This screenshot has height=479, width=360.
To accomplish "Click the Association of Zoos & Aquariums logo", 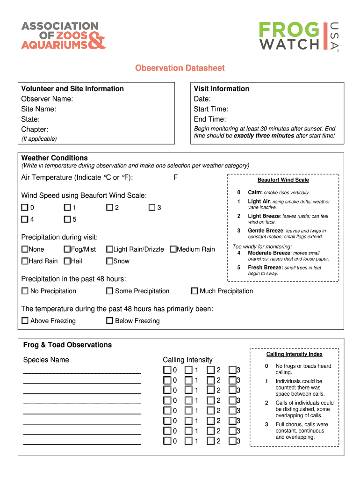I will tap(63, 35).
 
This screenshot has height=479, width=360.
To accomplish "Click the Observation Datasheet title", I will tap(180, 68).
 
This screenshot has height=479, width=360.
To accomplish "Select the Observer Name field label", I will tap(47, 99).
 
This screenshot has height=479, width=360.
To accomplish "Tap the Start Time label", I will tap(211, 109).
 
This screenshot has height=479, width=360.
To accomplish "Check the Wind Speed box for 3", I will tap(152, 207).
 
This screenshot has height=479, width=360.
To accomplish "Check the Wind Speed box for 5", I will tap(67, 219).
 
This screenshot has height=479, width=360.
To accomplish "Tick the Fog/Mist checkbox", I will tap(67, 249).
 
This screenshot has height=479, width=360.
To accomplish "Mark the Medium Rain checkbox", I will tap(173, 249).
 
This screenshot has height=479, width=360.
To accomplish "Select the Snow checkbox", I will tap(109, 261).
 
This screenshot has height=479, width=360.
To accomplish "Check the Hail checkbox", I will tap(67, 261).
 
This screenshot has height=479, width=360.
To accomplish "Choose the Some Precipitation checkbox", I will tap(109, 291).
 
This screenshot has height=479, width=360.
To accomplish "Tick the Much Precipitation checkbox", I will tap(194, 291).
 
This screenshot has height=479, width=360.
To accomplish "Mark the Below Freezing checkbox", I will tap(109, 321).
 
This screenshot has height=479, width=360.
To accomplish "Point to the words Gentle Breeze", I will tap(265, 231).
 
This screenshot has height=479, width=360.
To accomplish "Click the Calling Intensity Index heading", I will tap(294, 355).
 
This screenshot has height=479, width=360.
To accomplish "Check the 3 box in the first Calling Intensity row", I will tap(232, 370).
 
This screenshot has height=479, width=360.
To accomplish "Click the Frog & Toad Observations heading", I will tap(67, 345).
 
